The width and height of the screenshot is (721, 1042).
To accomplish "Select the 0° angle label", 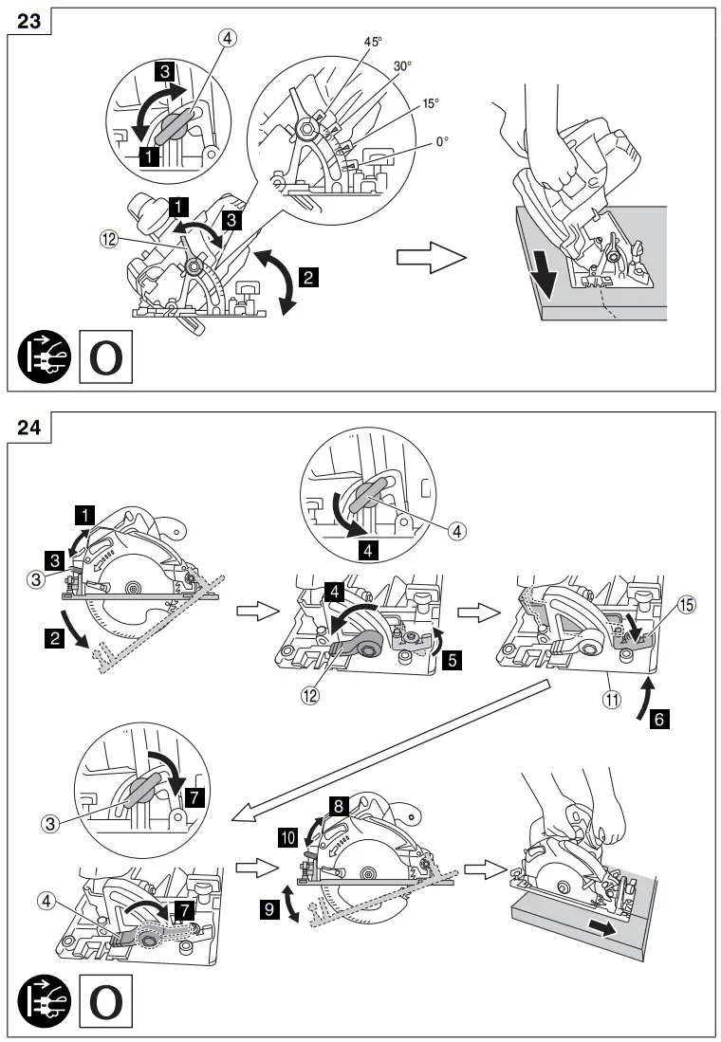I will tap(442, 141).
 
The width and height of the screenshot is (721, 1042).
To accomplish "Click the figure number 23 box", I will tap(28, 21).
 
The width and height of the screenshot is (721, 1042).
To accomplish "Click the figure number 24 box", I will tap(28, 427).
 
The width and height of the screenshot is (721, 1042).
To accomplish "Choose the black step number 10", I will tap(287, 835).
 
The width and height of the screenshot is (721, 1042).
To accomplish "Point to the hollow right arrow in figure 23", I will tap(431, 258).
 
